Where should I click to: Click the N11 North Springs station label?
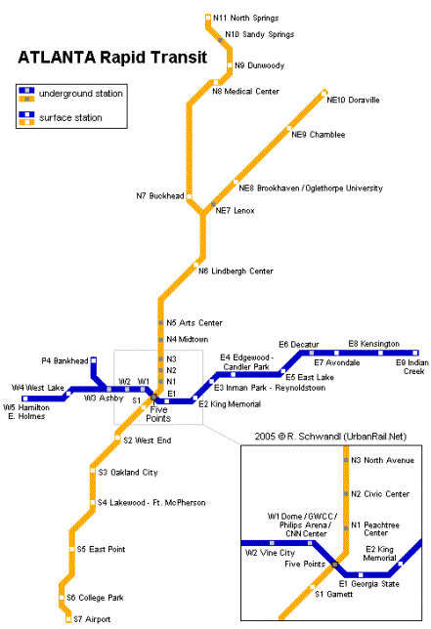(245, 18)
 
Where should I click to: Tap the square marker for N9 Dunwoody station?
(230, 65)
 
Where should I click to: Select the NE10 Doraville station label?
(353, 100)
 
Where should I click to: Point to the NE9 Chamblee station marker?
(288, 129)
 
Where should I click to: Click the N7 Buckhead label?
(160, 195)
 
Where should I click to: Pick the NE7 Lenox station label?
(236, 211)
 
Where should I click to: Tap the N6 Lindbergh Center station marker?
(195, 265)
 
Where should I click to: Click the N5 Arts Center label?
(194, 323)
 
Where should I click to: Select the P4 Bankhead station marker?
(94, 360)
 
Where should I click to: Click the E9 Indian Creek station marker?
(415, 353)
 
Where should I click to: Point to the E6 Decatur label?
(299, 345)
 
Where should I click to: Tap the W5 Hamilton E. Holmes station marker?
(25, 398)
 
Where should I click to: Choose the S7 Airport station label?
(92, 619)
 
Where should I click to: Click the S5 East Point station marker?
(72, 549)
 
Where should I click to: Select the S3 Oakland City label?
(128, 473)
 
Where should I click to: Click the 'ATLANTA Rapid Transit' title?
(112, 58)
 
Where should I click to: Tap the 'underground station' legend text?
(81, 94)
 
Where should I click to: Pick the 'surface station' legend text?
(70, 118)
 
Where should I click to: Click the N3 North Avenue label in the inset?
(382, 461)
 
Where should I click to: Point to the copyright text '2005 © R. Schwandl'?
(298, 437)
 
